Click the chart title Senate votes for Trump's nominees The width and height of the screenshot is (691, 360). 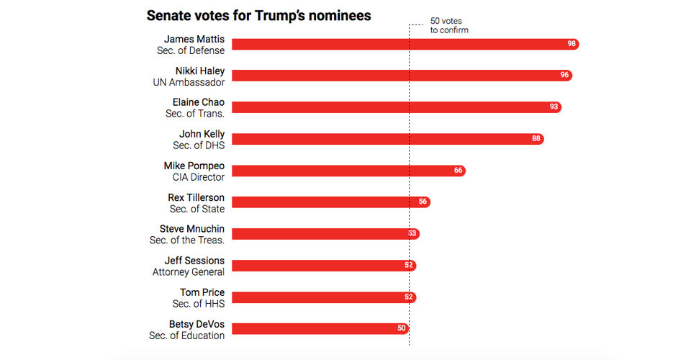(258, 15)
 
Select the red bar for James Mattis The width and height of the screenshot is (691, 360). (403, 44)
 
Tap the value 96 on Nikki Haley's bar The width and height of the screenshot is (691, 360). (565, 76)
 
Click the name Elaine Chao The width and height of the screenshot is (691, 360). (199, 102)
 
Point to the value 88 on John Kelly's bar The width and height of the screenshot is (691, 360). (536, 139)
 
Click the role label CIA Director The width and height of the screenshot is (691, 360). (199, 177)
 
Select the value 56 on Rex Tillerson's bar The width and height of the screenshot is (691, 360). (423, 202)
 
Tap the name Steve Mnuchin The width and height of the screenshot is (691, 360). (192, 229)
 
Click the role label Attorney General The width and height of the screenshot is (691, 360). (189, 272)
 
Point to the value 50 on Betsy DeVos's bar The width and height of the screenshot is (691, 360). (402, 329)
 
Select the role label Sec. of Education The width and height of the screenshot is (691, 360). (187, 336)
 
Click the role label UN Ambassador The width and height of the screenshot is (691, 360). (189, 82)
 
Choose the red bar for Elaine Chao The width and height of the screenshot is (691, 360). (396, 107)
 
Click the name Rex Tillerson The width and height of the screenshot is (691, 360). (196, 197)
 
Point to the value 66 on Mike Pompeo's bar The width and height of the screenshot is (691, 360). (459, 171)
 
